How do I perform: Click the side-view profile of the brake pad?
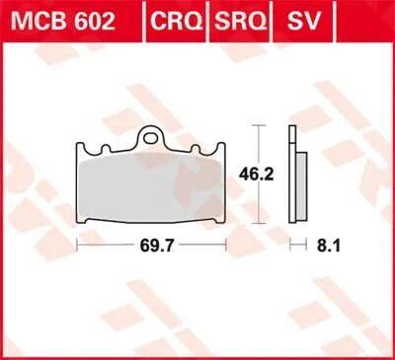(297, 173)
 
